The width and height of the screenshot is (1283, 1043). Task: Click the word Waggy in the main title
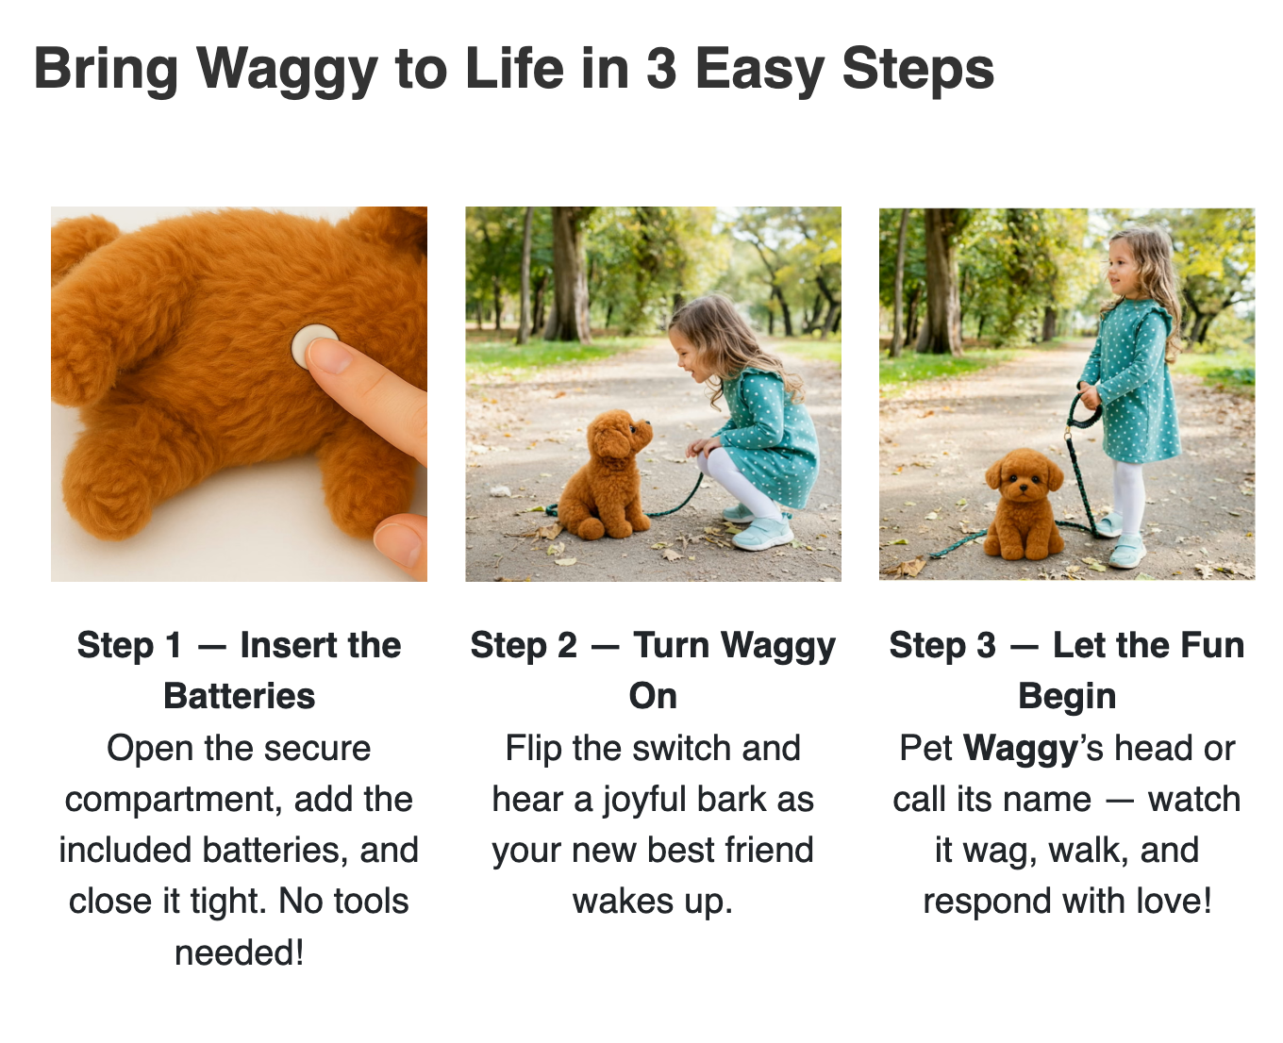click(287, 71)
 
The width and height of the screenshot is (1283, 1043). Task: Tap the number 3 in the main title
click(660, 68)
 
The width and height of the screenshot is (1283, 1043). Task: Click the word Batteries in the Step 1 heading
click(239, 696)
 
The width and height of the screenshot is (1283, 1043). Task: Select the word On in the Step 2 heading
click(653, 696)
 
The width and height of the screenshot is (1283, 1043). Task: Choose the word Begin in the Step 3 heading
click(1067, 697)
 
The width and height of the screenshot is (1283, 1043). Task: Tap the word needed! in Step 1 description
click(239, 953)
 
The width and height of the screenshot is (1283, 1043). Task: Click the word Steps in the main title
click(918, 71)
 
